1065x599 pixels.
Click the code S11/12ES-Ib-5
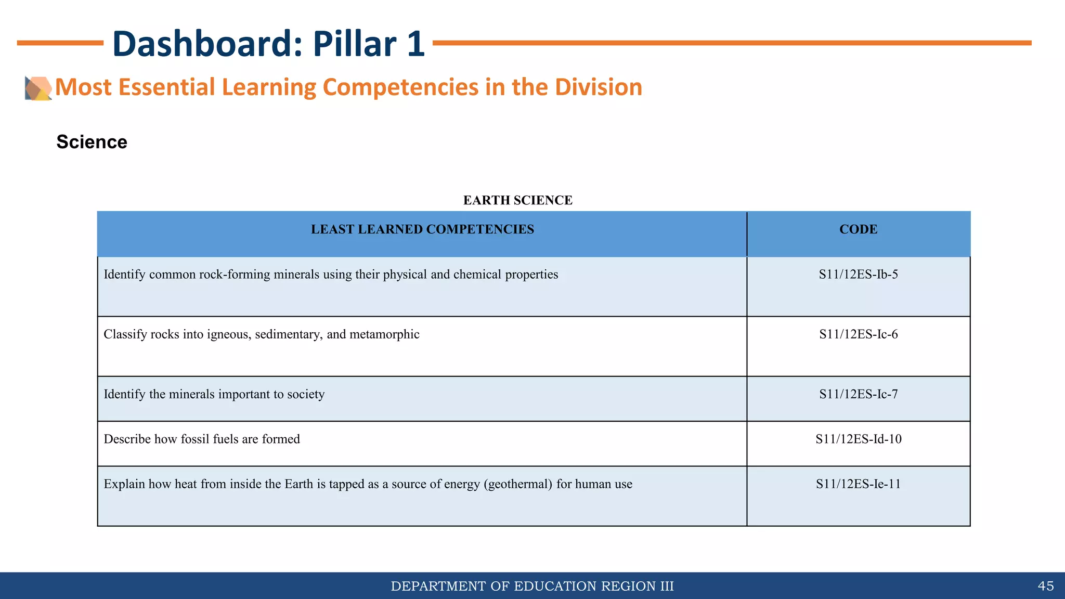858,275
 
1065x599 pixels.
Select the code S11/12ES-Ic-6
858,334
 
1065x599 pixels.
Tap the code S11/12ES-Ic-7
858,394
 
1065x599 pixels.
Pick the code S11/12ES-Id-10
858,439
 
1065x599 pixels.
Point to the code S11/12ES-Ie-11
858,484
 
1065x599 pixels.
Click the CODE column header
858,229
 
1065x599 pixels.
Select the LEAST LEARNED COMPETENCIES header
422,229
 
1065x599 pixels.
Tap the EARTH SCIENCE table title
517,200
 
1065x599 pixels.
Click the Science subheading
92,142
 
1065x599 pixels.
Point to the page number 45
1046,586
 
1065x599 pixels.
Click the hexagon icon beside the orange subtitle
38,88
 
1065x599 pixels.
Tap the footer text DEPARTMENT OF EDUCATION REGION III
532,586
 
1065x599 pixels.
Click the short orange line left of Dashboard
60,43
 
